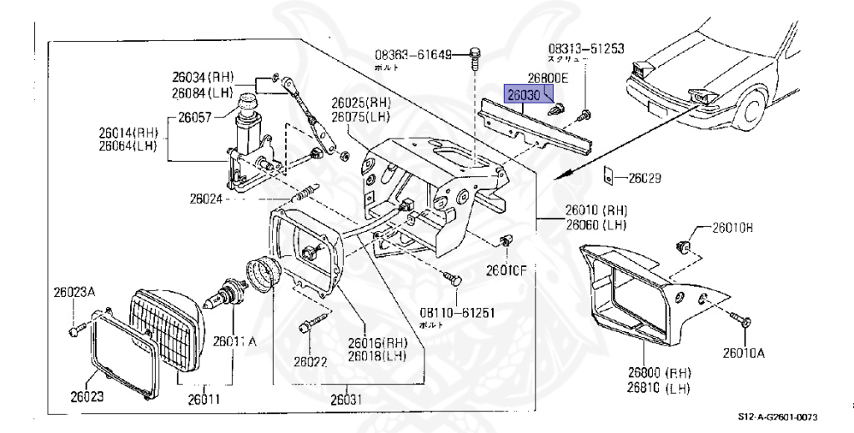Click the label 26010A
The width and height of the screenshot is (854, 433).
(744, 352)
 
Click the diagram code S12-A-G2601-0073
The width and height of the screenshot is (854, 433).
(777, 415)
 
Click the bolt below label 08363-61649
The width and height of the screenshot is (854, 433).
(475, 59)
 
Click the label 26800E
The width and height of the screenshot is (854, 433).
(547, 78)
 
